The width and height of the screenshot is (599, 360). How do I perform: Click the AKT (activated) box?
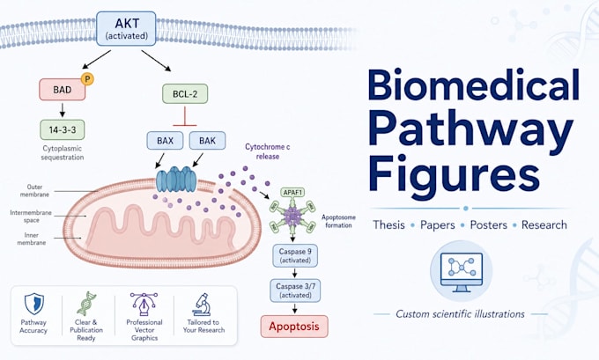point(126,29)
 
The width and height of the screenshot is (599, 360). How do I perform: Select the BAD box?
point(63,90)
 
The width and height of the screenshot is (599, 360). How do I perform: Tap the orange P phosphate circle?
point(87,79)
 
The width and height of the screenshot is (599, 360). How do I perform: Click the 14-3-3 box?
point(63,129)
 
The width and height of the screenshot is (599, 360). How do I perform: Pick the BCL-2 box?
point(185,94)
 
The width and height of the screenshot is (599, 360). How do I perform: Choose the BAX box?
point(165,141)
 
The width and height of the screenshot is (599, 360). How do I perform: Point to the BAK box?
point(207,141)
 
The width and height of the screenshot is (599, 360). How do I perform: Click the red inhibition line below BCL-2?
point(185,116)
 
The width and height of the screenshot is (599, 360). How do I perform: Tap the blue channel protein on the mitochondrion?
point(176,179)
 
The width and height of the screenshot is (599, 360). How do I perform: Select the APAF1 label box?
point(292,193)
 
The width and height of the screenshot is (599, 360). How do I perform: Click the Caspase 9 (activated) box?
point(295,256)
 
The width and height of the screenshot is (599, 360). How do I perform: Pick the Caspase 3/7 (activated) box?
point(295,290)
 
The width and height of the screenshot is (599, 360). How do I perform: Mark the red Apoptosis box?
point(294,327)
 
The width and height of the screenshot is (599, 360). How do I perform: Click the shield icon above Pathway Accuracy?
point(34,304)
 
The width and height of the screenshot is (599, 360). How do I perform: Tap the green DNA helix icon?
point(86,304)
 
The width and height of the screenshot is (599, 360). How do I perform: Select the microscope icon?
point(202,305)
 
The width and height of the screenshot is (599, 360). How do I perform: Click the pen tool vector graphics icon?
point(144,305)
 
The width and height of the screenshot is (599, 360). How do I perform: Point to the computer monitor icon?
point(461,272)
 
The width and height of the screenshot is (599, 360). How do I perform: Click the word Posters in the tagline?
point(489,224)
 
